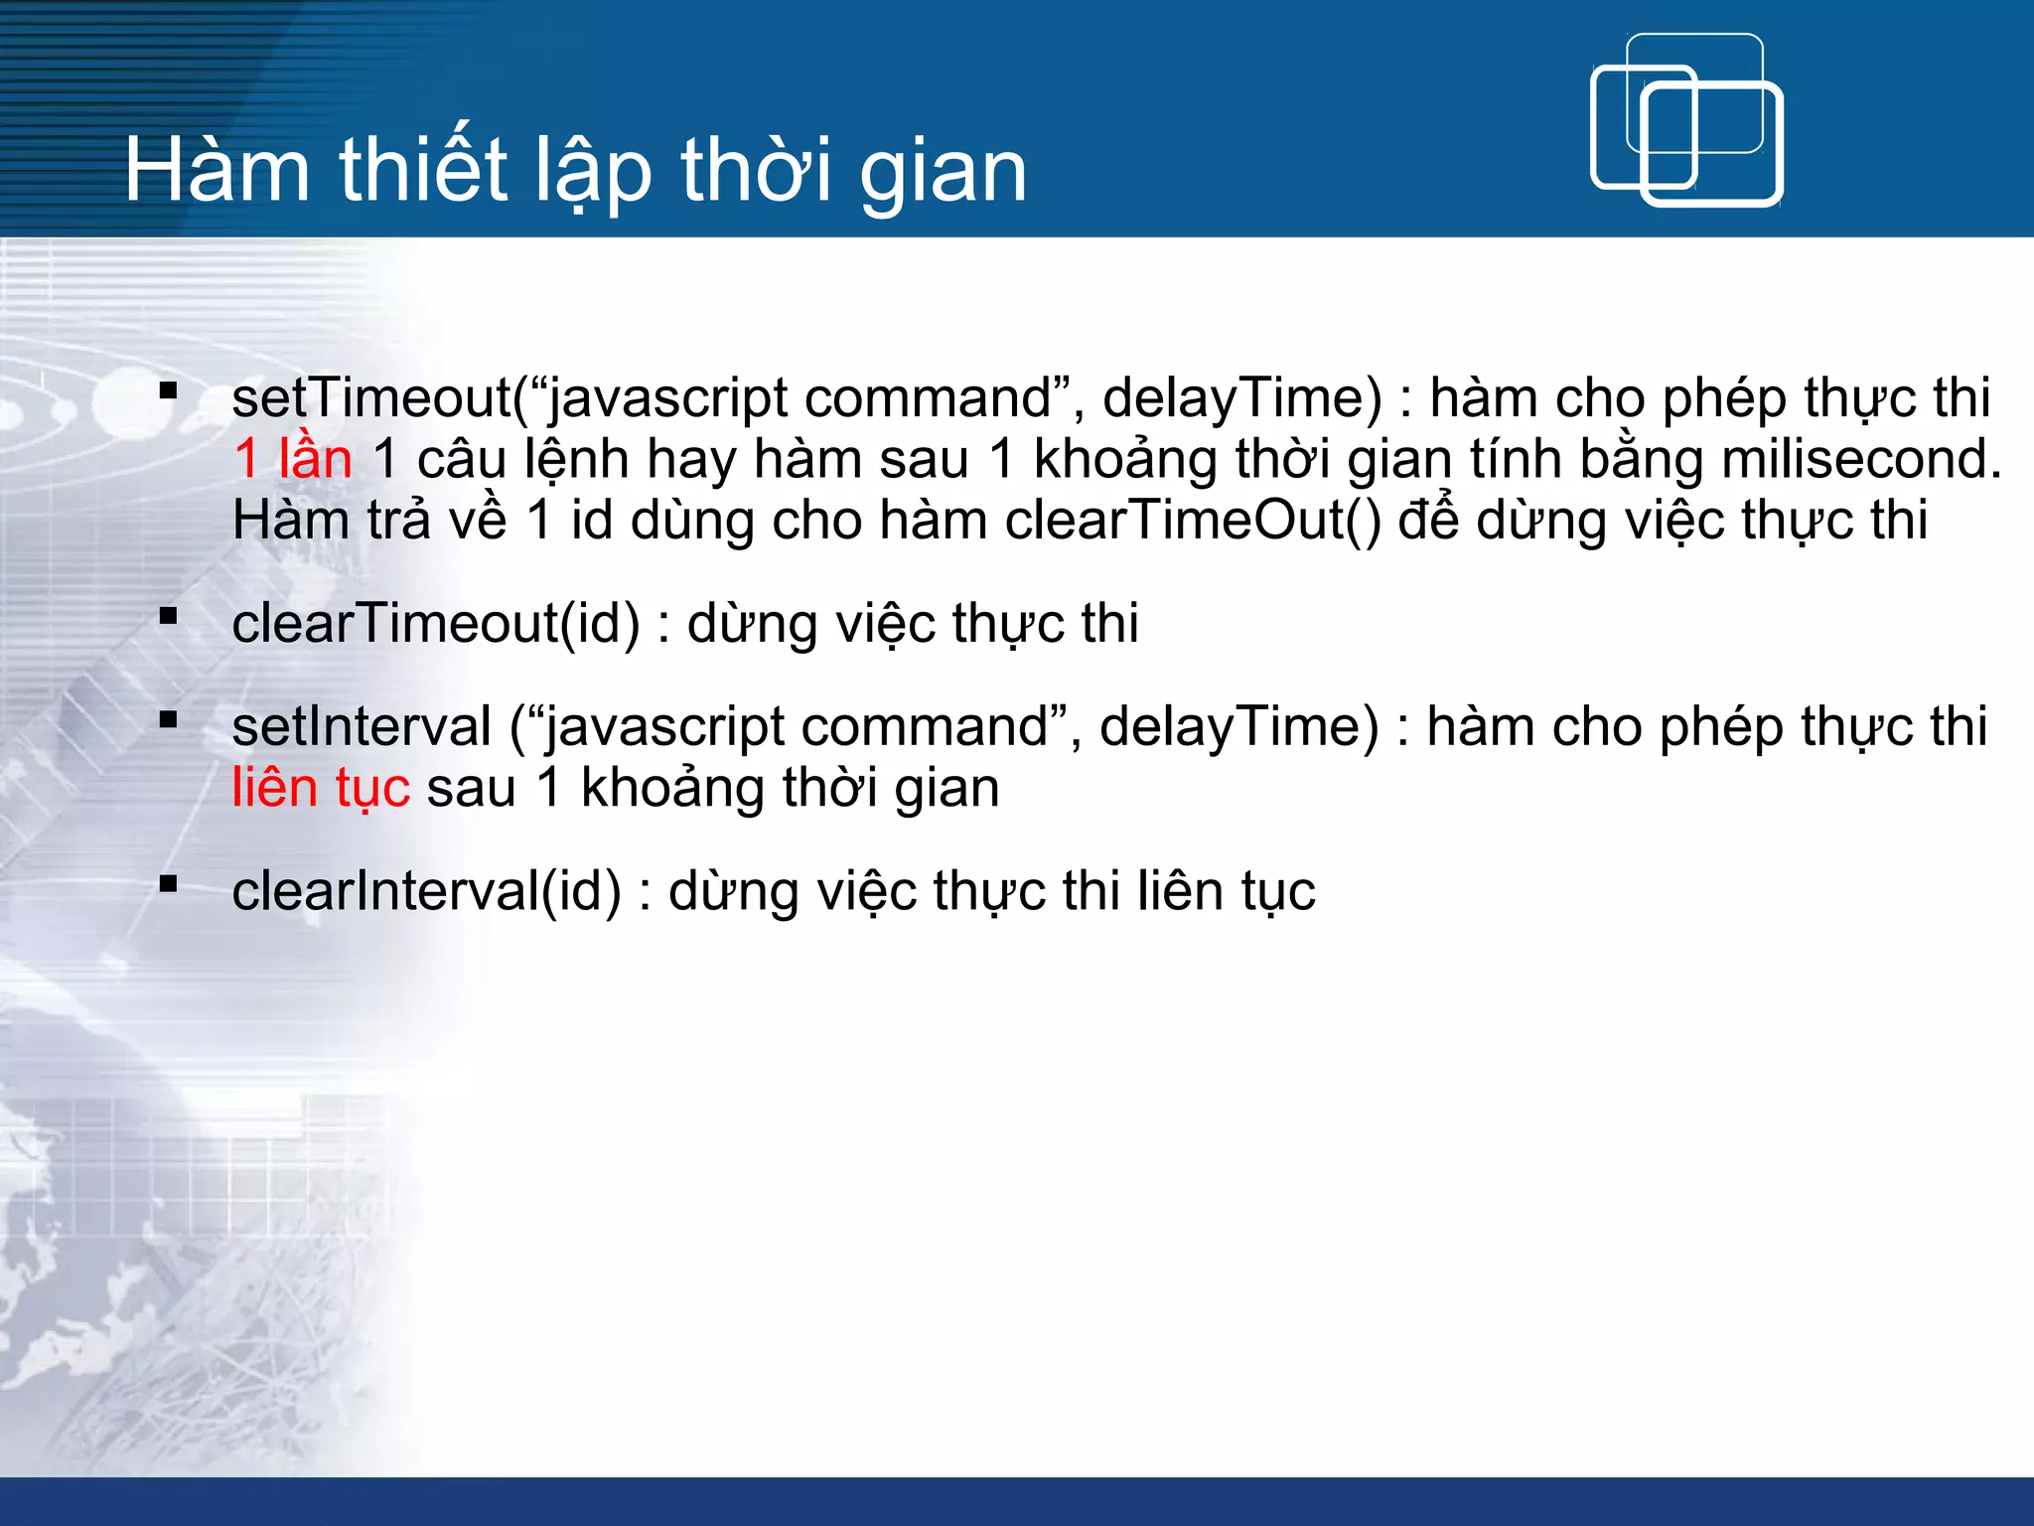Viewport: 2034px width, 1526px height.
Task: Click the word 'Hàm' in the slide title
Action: coord(218,171)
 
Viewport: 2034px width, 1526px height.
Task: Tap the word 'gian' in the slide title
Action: coord(943,175)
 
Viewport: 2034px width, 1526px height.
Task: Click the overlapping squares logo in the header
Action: coord(1685,120)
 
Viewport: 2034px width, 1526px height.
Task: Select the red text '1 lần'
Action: coord(293,460)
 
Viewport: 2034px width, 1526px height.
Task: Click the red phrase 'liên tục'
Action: coord(320,789)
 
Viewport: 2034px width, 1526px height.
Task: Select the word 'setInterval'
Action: coord(362,726)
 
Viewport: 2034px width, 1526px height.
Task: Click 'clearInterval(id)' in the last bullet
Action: coord(426,891)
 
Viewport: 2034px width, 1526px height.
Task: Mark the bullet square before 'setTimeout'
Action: coord(168,390)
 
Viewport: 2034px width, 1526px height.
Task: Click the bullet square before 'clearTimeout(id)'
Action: coord(168,617)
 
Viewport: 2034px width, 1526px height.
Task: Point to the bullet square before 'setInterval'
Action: coord(168,719)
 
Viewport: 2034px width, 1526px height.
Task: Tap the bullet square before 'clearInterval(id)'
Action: coord(168,883)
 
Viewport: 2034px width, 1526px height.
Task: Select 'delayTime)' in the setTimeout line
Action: coord(1241,398)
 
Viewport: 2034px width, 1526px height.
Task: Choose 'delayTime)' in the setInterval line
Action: coord(1238,726)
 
